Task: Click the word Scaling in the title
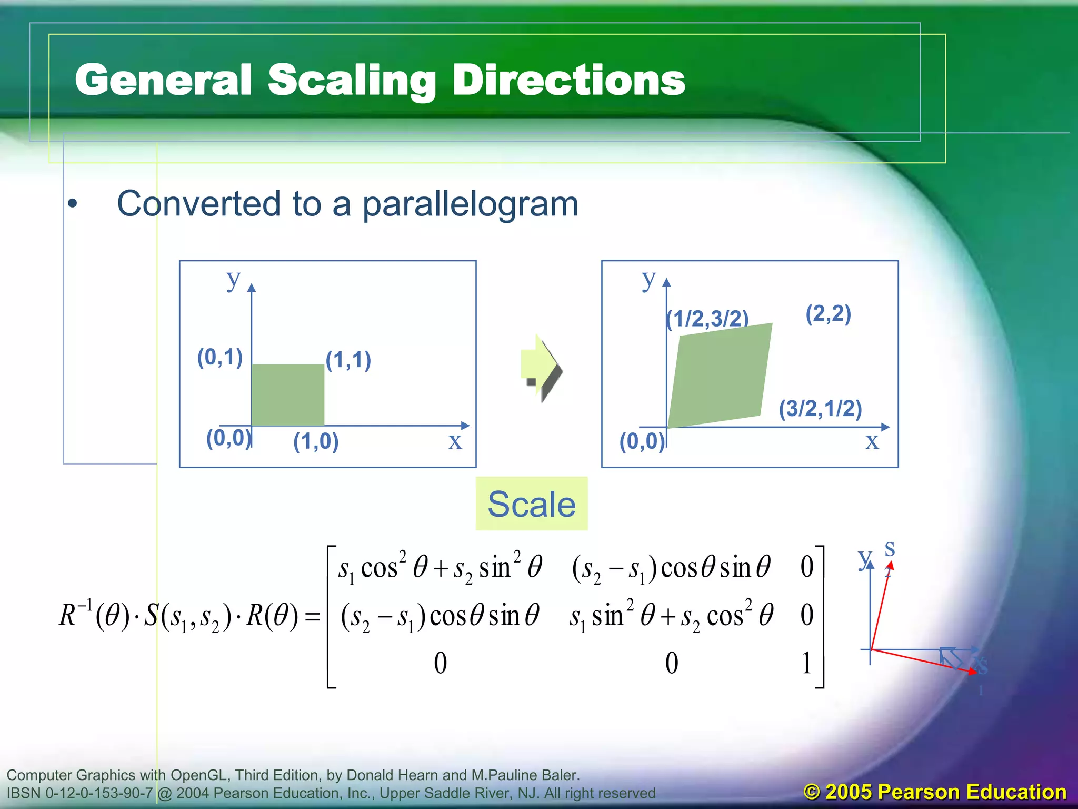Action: click(x=352, y=80)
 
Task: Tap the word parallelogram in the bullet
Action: click(x=470, y=204)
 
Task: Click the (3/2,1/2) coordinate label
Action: click(x=820, y=409)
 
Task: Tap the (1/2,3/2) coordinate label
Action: click(x=707, y=319)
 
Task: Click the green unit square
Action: click(x=287, y=395)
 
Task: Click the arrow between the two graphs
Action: click(x=541, y=368)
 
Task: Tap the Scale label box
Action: click(x=532, y=504)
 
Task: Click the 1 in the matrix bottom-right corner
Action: click(x=806, y=663)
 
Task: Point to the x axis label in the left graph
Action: click(x=455, y=441)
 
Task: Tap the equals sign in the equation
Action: click(x=313, y=616)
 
